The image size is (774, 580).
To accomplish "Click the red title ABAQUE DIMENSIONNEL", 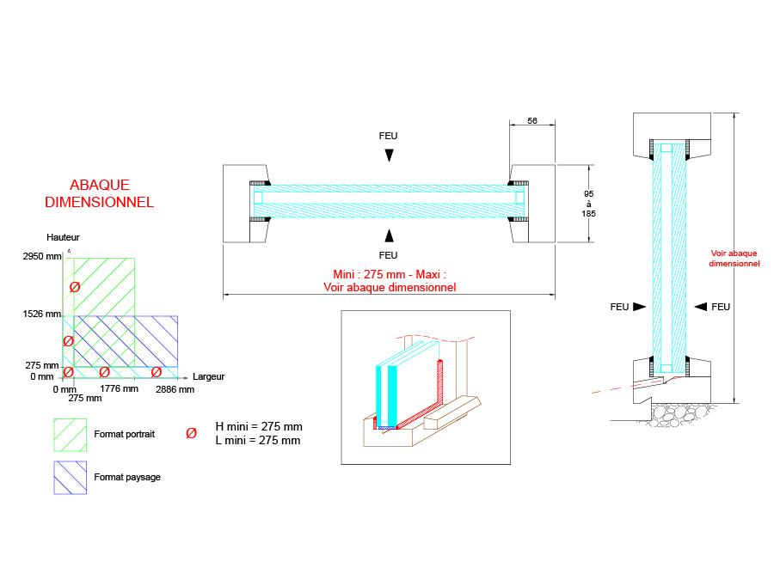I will coord(99,193).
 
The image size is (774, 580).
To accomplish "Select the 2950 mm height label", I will coord(44,256).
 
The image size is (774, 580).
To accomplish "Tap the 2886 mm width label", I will coord(175,389).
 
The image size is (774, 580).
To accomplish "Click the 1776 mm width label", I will coord(120,389).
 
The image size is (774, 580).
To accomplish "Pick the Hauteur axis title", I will coord(64,236).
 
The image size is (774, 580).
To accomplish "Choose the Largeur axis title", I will coord(209,376).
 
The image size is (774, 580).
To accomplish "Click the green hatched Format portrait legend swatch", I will coord(71,435).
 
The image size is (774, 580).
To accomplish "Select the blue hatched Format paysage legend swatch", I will coord(71,478).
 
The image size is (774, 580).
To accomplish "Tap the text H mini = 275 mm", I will coord(258,426).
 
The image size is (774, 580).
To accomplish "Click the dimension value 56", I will coord(531,122).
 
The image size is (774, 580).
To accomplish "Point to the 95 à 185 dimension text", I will coord(589,204).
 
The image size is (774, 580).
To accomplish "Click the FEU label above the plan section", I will coord(389,136).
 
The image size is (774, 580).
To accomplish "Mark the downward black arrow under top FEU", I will coord(389,156).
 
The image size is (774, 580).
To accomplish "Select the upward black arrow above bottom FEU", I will coord(389,235).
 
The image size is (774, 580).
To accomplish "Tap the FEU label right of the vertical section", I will coord(721,307).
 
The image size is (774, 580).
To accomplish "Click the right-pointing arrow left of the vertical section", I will coord(639,307).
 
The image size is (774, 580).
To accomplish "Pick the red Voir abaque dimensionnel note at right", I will coord(734,259).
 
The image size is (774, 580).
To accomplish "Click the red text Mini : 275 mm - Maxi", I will coord(390,274).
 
